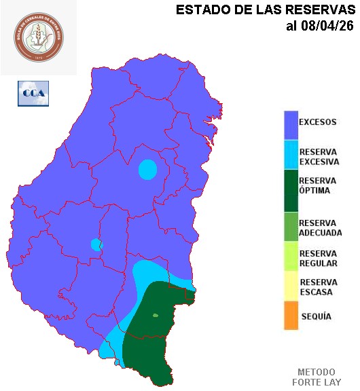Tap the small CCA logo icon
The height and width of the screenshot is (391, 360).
(33, 94)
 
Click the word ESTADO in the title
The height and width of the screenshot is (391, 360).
(200, 10)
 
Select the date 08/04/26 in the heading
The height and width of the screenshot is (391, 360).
(328, 26)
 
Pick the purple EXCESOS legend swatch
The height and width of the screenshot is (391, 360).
(291, 124)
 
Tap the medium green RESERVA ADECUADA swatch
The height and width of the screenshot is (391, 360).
(291, 227)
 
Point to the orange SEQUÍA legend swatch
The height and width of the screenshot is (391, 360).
(291, 316)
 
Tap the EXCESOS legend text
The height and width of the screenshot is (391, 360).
(317, 123)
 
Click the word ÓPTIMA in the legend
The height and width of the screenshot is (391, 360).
(314, 191)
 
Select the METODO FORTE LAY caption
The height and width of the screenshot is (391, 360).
(317, 377)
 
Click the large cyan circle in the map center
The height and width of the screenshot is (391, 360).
(147, 169)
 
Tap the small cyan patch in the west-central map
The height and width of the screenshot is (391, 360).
(96, 244)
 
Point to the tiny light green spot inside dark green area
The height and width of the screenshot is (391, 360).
(156, 315)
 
